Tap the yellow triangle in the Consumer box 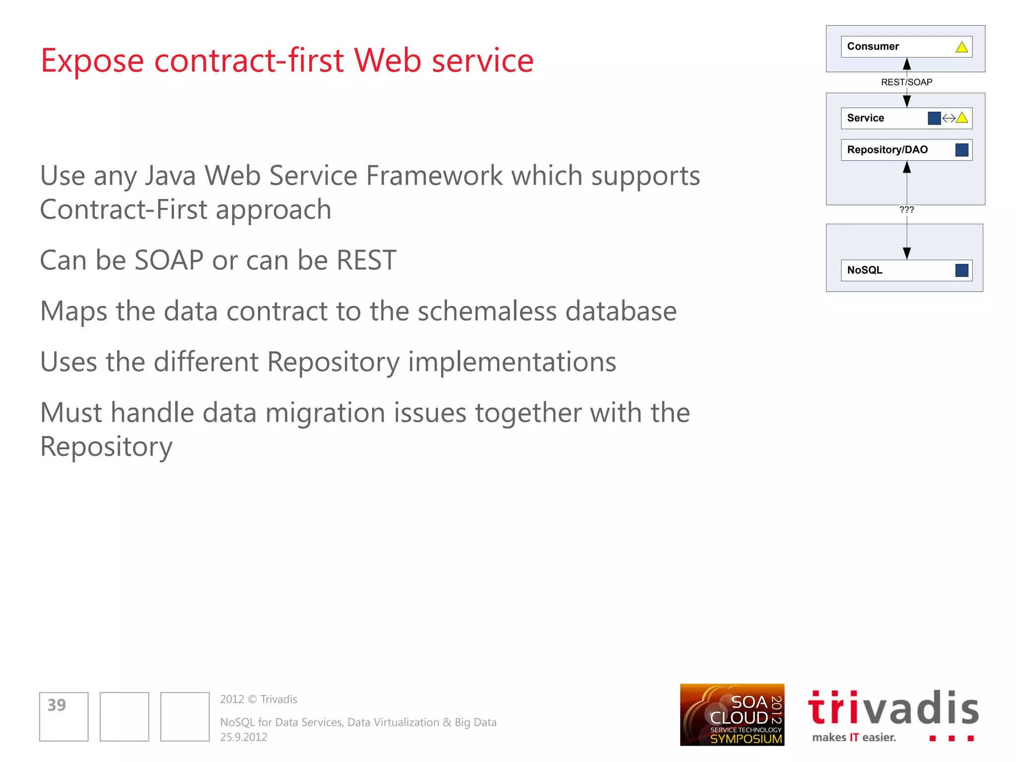point(961,47)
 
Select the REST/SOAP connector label point(906,82)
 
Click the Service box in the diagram point(883,118)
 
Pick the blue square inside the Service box point(934,118)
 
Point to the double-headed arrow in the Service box point(949,118)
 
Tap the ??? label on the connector point(906,210)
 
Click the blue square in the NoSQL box point(961,270)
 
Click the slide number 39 point(57,705)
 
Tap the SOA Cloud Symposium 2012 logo point(732,715)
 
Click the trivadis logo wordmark point(893,708)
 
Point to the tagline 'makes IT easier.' point(854,738)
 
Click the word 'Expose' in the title point(92,61)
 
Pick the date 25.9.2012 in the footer point(244,737)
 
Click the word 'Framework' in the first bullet point(434,176)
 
